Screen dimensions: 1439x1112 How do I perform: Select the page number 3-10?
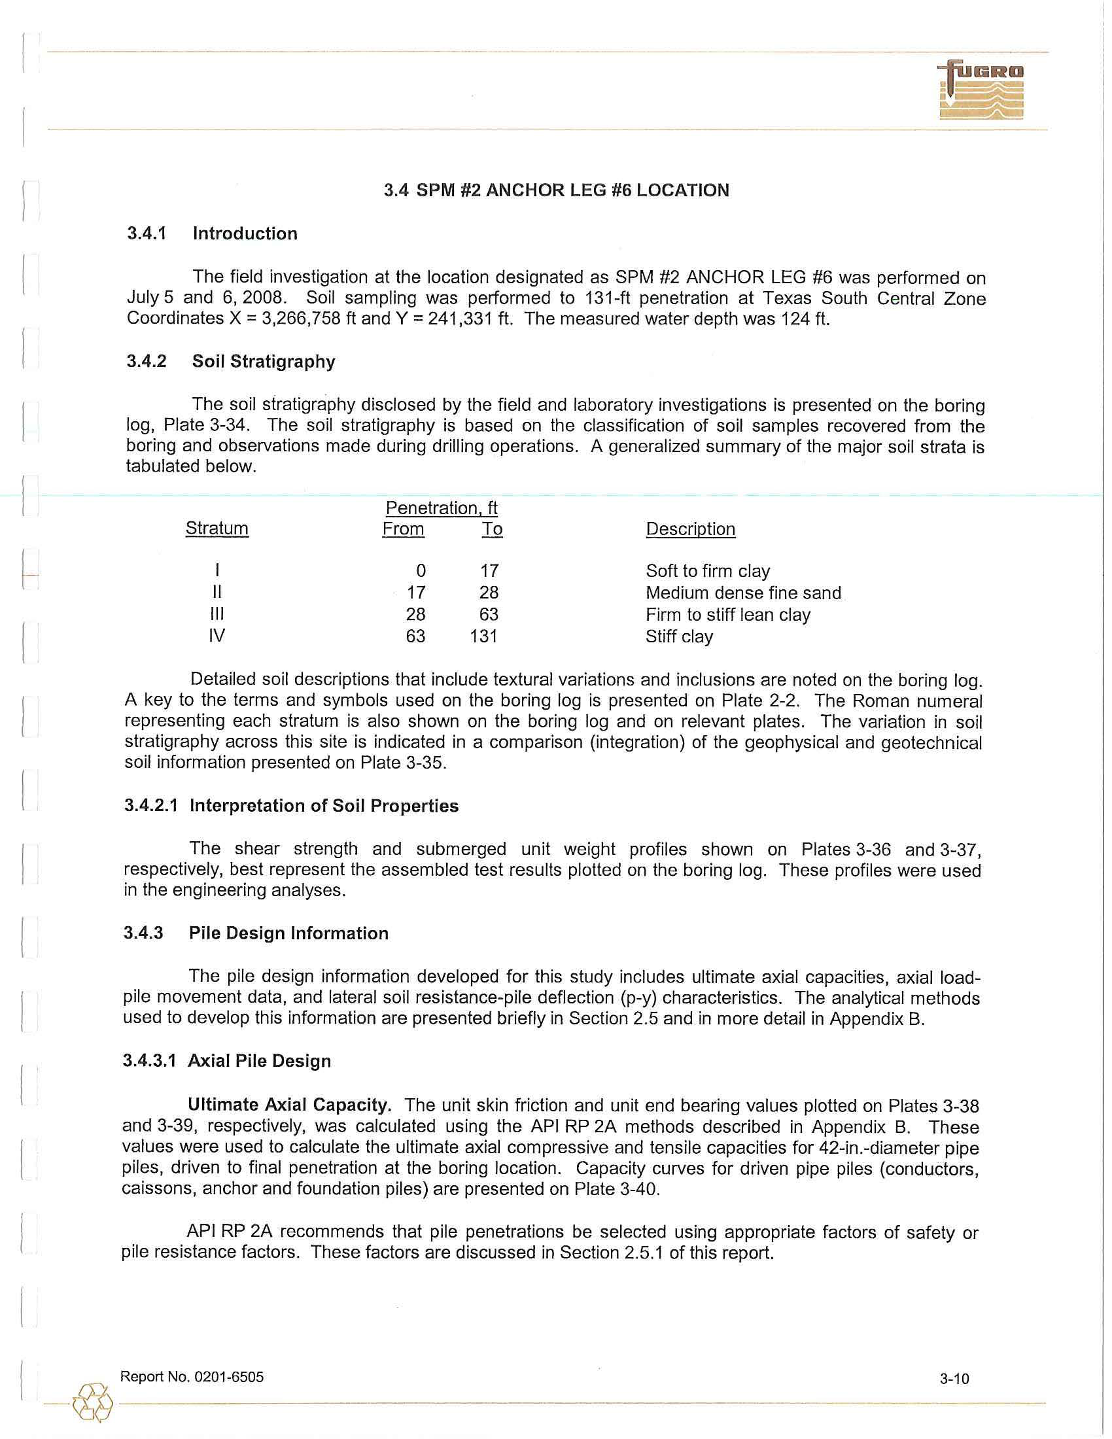[954, 1378]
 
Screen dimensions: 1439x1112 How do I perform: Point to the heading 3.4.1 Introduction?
[211, 234]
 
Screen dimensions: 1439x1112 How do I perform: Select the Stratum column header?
[217, 529]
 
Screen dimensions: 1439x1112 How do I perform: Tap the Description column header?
[690, 529]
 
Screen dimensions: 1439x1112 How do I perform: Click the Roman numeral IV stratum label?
[217, 636]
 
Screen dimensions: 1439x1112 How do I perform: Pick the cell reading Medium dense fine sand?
[743, 593]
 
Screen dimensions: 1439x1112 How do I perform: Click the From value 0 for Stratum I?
[421, 570]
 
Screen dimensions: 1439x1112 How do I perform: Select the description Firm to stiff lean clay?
[728, 615]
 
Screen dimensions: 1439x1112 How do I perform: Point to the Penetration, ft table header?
[442, 508]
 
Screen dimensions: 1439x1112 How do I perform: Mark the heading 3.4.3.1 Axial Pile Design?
[226, 1062]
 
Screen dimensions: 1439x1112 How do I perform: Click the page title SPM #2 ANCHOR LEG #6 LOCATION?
[556, 190]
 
